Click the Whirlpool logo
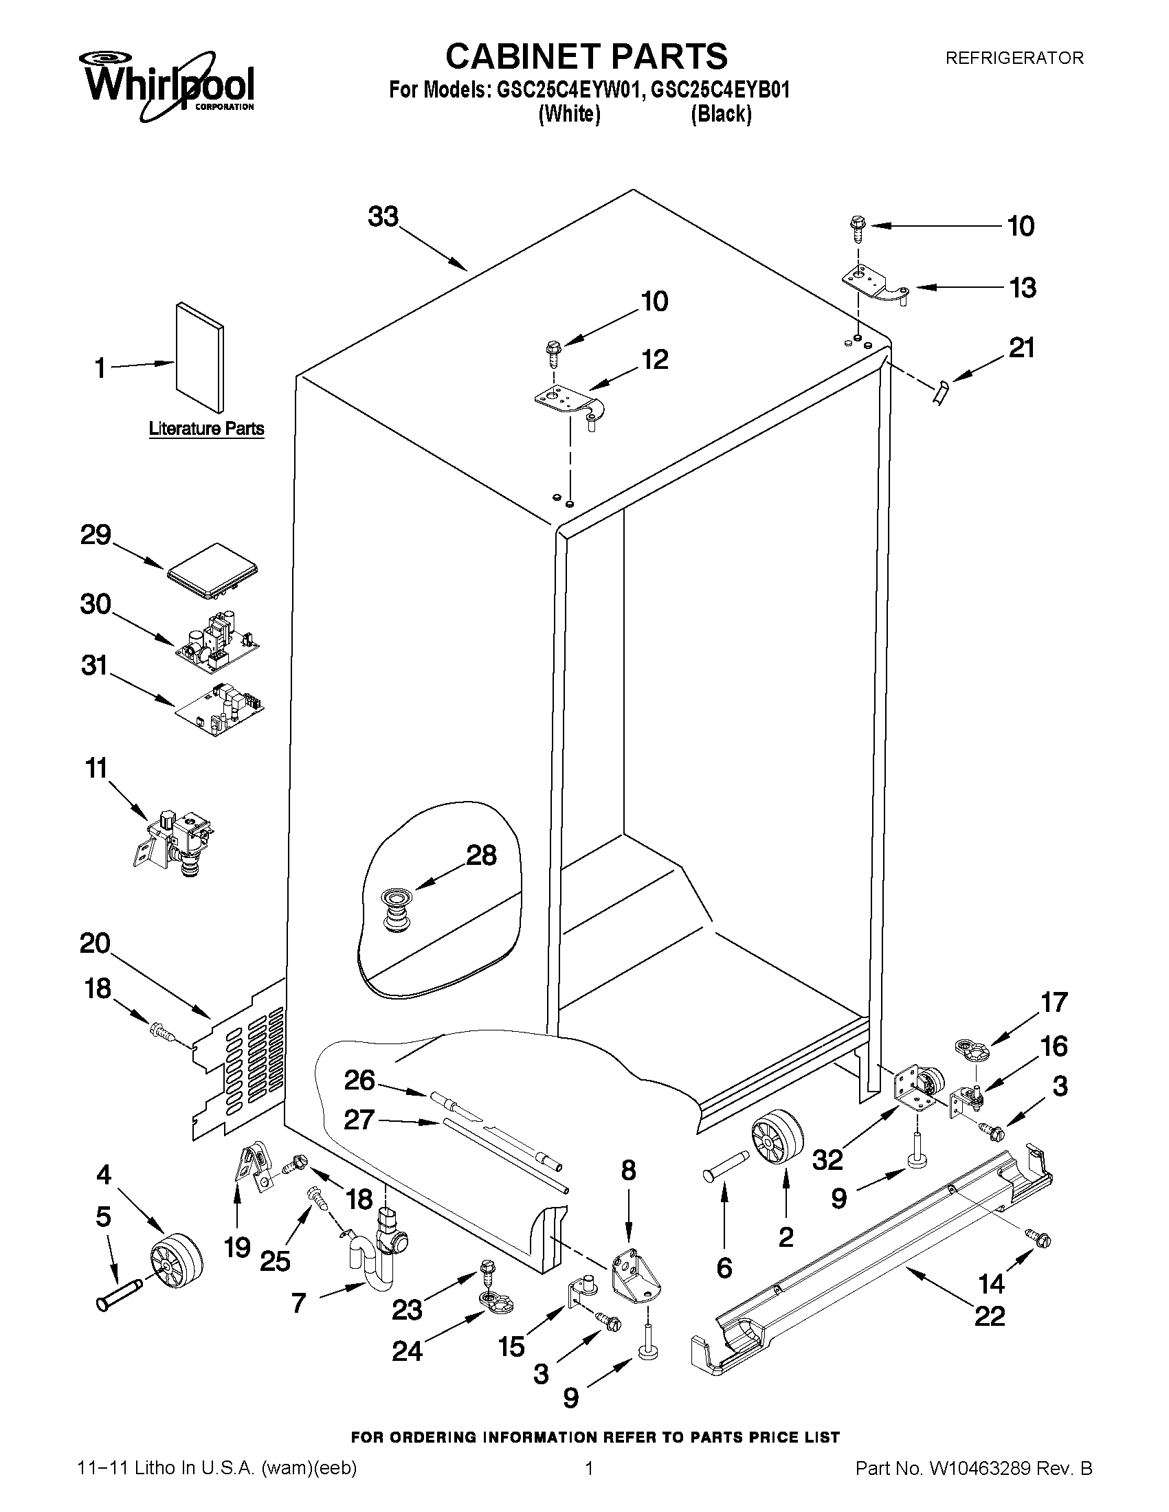coord(169,82)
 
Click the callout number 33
coord(383,217)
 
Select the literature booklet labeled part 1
coord(199,356)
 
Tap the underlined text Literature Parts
coord(206,429)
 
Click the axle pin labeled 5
coord(119,1294)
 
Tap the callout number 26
coord(359,1080)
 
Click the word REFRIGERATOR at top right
coord(1014,58)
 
